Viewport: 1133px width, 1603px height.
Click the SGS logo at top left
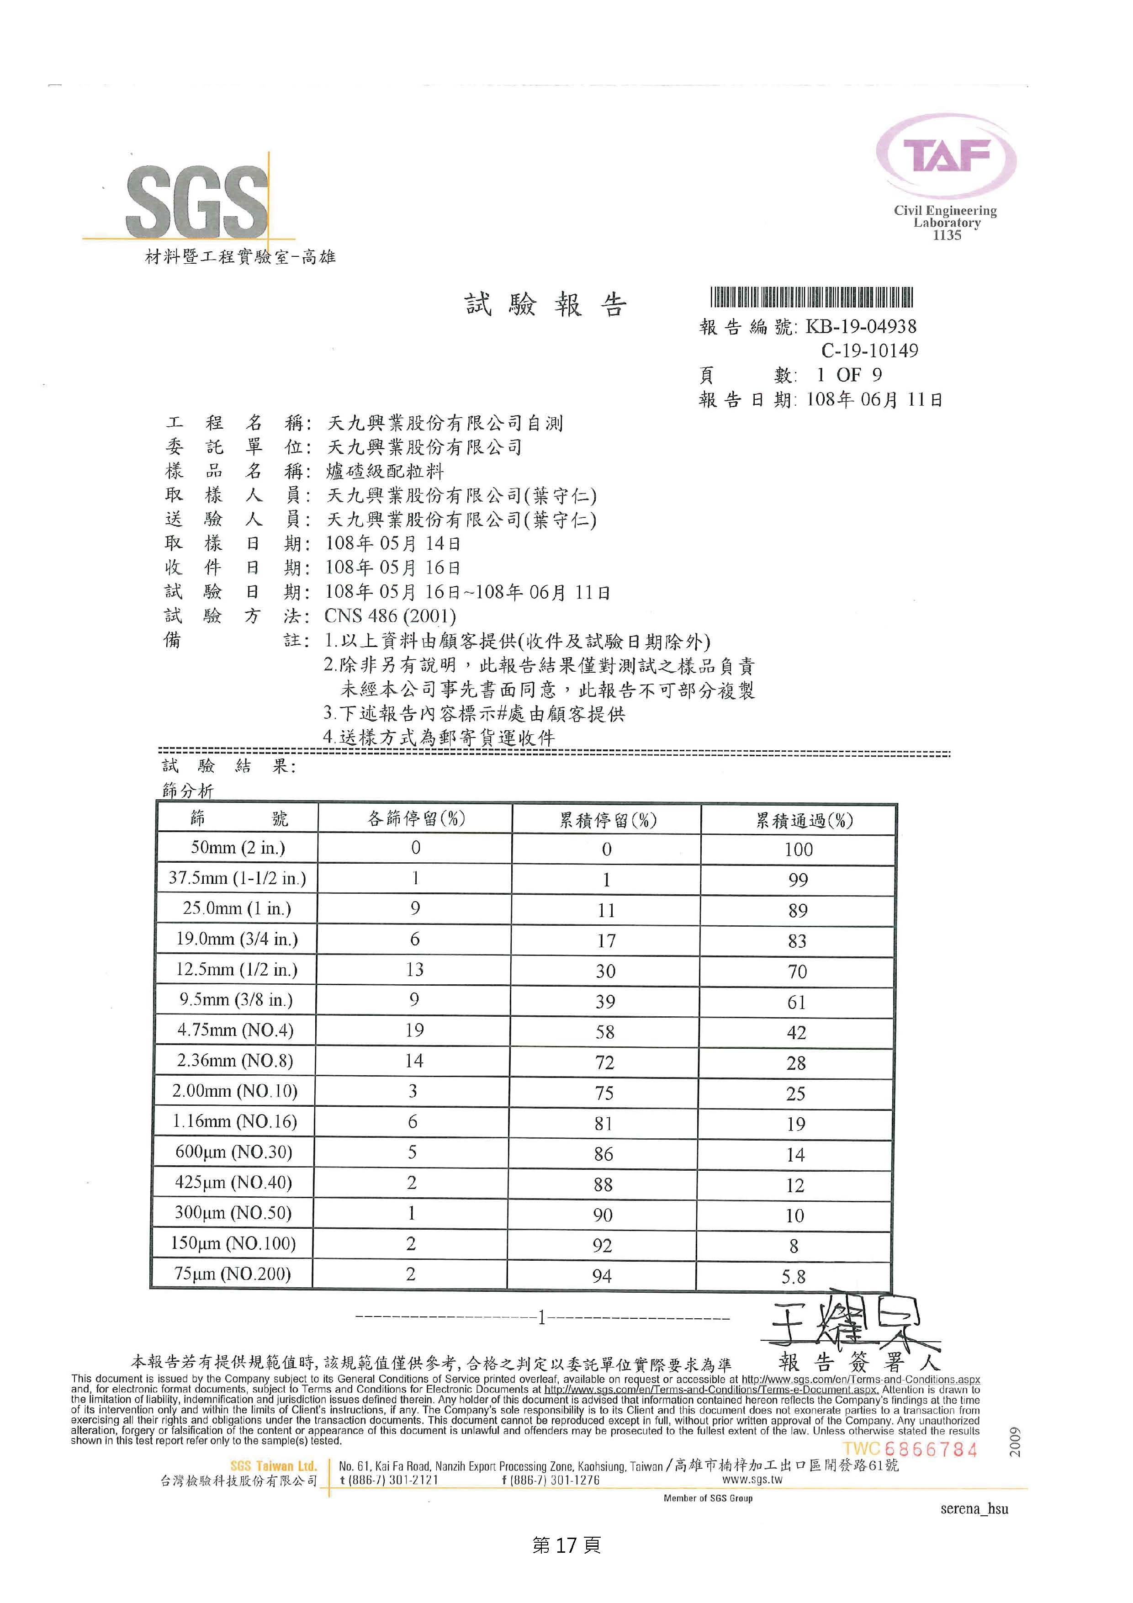(x=197, y=202)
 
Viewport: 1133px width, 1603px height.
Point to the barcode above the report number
(x=811, y=297)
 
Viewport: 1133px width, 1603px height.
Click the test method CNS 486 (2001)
(x=390, y=616)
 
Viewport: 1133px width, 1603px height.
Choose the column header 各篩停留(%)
(x=416, y=818)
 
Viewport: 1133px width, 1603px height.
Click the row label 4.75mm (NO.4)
(x=235, y=1030)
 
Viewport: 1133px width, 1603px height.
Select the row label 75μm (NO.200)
(x=233, y=1274)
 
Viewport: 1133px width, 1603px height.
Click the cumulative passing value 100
(x=798, y=849)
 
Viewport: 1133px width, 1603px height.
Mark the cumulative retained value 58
(x=605, y=1032)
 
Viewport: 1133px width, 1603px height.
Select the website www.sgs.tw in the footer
(x=752, y=1479)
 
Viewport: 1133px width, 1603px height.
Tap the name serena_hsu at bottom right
(x=974, y=1508)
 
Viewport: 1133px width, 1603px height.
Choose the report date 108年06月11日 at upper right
(x=874, y=399)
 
